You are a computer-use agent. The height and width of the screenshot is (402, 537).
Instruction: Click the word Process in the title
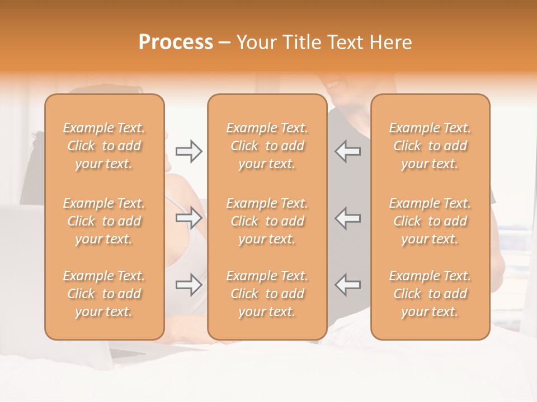pyautogui.click(x=176, y=42)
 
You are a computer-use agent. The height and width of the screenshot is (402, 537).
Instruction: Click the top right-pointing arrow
pyautogui.click(x=189, y=151)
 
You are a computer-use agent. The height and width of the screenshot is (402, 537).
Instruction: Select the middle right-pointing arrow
pyautogui.click(x=189, y=218)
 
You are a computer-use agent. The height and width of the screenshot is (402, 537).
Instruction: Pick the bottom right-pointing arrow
pyautogui.click(x=189, y=285)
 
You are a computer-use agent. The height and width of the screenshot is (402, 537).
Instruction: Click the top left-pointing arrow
pyautogui.click(x=347, y=151)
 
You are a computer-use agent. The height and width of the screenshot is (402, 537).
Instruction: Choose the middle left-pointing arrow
pyautogui.click(x=347, y=218)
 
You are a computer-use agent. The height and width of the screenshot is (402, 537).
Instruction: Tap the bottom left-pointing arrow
pyautogui.click(x=347, y=285)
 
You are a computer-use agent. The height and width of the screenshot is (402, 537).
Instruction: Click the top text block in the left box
pyautogui.click(x=104, y=146)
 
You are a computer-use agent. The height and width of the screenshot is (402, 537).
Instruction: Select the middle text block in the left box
pyautogui.click(x=104, y=221)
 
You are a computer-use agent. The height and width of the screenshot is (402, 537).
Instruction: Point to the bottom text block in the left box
pyautogui.click(x=104, y=294)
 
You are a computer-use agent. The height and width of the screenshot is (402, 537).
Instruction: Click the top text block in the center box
pyautogui.click(x=267, y=146)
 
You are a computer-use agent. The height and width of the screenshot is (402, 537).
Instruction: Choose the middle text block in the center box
pyautogui.click(x=267, y=221)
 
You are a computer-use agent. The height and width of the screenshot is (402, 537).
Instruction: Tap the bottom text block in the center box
pyautogui.click(x=267, y=294)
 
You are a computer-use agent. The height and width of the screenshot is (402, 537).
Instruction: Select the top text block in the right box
pyautogui.click(x=430, y=146)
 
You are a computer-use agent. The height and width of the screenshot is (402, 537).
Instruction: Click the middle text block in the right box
pyautogui.click(x=430, y=221)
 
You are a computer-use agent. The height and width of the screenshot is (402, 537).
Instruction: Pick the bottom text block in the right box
pyautogui.click(x=430, y=294)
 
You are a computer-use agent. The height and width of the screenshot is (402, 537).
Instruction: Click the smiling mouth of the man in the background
pyautogui.click(x=335, y=85)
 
